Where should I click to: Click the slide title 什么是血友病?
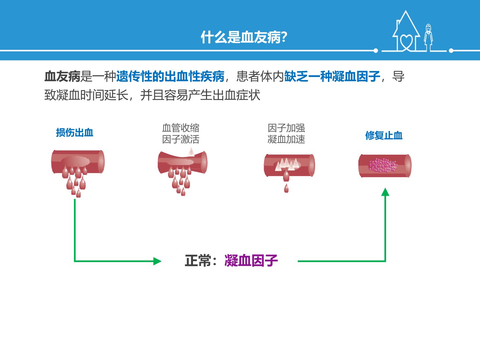(x=244, y=37)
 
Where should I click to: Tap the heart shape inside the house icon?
(x=407, y=42)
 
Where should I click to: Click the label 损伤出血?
(x=75, y=133)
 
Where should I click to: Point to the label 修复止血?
(x=384, y=135)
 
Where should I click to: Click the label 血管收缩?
(x=181, y=128)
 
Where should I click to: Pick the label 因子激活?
(x=181, y=139)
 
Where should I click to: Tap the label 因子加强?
(x=286, y=128)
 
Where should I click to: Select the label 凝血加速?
(x=286, y=139)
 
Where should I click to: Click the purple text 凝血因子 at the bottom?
(x=251, y=261)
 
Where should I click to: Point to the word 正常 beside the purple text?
(x=198, y=261)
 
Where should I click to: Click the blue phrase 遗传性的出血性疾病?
(x=170, y=77)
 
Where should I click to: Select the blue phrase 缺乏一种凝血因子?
(x=332, y=77)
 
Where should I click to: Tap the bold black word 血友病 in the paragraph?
(x=62, y=77)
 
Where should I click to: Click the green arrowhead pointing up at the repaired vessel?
(x=385, y=192)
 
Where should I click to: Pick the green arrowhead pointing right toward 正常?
(x=157, y=261)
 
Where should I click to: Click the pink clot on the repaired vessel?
(x=383, y=165)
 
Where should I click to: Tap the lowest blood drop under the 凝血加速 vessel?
(x=286, y=188)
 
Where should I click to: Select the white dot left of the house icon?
(x=376, y=51)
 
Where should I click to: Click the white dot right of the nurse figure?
(x=451, y=51)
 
